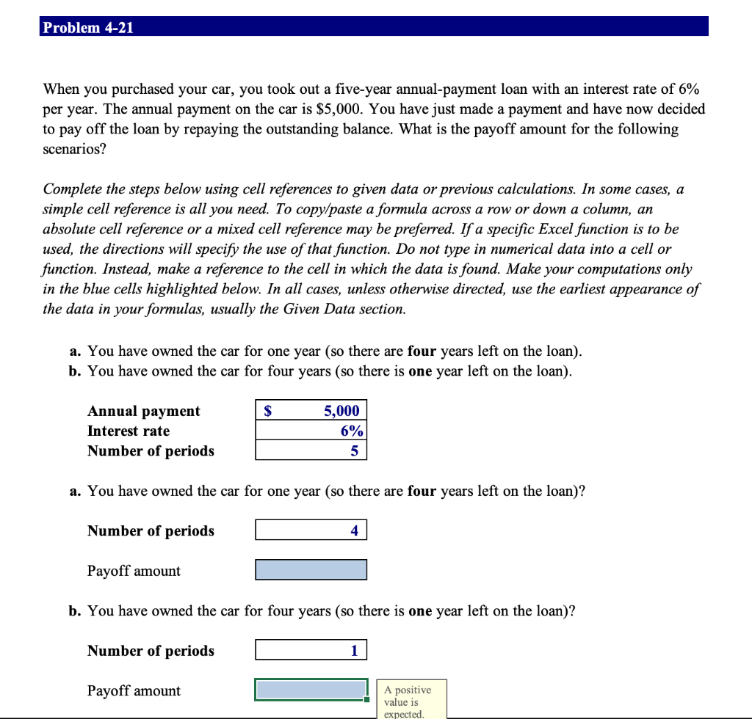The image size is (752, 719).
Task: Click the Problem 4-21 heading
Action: [x=87, y=28]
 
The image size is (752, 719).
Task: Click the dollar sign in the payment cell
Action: [x=268, y=411]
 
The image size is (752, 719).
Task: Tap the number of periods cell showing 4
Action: [x=311, y=530]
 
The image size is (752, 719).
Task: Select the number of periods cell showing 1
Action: [x=311, y=650]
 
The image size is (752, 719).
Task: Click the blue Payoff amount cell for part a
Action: [x=311, y=570]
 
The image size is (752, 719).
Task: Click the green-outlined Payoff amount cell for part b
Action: [x=311, y=690]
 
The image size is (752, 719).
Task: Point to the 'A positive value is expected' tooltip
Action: [x=411, y=701]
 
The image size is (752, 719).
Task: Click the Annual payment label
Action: [x=143, y=411]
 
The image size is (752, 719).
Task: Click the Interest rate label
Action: [x=129, y=431]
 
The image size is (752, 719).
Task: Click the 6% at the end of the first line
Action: [x=688, y=90]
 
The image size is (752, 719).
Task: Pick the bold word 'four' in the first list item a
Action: [x=422, y=351]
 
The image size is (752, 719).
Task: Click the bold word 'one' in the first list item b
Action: [x=419, y=371]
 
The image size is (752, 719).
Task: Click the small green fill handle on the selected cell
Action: [x=366, y=699]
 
